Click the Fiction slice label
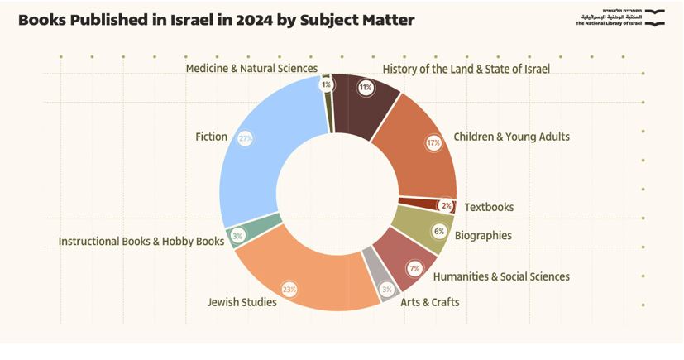point(211,137)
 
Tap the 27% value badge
point(245,138)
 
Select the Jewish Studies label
point(242,301)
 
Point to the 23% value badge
point(289,290)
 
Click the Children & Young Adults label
point(511,137)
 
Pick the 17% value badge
point(433,142)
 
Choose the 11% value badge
point(366,86)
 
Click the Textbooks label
point(489,207)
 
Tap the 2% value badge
point(446,205)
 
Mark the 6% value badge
point(438,232)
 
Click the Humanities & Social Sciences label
point(501,276)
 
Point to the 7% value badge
point(414,268)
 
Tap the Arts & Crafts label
point(429,302)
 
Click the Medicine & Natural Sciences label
point(251,68)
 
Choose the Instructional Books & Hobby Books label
point(141,242)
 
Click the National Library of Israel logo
point(620,18)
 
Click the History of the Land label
point(466,69)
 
